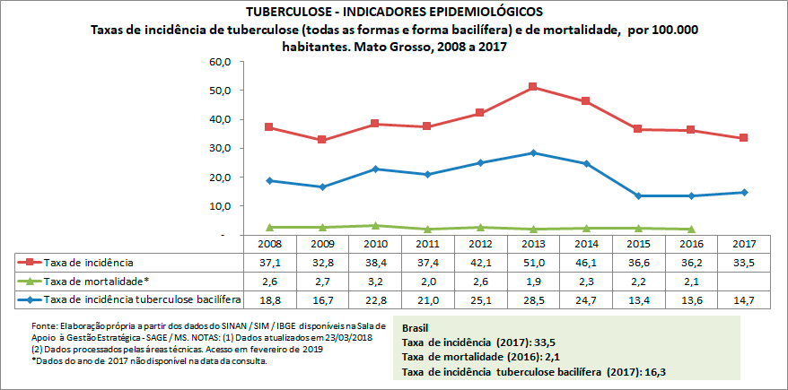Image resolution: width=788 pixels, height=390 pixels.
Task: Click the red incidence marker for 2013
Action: point(533,87)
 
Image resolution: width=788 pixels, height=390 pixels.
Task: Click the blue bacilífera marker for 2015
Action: point(638,195)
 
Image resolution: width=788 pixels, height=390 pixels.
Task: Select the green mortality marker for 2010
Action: point(374,226)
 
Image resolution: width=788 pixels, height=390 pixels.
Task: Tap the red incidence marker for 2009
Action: point(321,140)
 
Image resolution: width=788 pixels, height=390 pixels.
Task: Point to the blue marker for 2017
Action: point(744,192)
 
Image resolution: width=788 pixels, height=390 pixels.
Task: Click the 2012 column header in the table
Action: point(480,244)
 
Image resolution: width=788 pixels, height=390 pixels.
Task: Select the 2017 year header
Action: point(744,244)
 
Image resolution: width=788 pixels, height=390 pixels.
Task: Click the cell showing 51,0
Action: point(533,262)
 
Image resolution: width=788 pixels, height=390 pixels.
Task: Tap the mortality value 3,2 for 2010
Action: point(374,280)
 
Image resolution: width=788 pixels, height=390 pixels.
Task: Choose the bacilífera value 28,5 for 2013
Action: point(533,298)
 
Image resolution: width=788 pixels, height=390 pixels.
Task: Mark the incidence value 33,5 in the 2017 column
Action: point(744,262)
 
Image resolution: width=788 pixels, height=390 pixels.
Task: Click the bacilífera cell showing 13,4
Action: point(638,298)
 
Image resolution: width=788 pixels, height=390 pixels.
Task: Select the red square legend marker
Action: point(30,262)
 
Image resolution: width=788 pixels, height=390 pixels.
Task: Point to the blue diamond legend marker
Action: point(30,298)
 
